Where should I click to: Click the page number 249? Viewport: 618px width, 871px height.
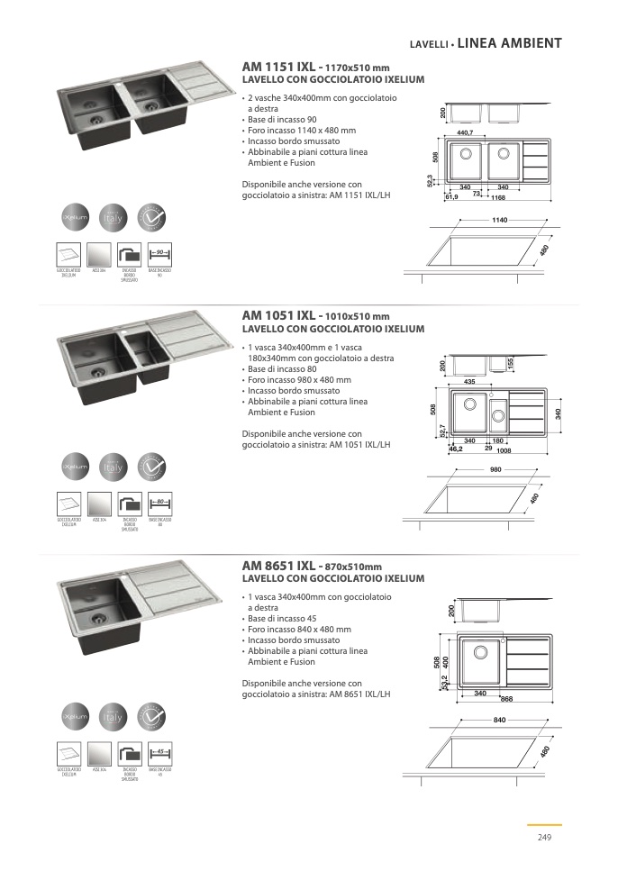click(544, 838)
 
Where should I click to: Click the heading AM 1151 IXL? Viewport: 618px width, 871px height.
click(279, 68)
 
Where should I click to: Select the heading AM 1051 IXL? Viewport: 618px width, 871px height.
click(279, 316)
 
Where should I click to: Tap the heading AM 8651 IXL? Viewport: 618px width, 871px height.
click(279, 566)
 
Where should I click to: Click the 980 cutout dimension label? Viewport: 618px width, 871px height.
click(495, 470)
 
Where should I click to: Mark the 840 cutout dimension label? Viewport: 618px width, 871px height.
click(501, 720)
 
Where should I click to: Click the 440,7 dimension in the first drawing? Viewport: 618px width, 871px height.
click(465, 133)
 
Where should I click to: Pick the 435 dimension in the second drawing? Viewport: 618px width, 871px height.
click(469, 382)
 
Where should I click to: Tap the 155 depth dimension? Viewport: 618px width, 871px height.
click(510, 362)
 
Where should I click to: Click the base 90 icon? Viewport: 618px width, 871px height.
click(159, 253)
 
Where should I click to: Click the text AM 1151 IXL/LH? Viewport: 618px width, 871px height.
click(360, 195)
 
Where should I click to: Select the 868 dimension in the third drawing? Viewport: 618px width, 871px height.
click(506, 699)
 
